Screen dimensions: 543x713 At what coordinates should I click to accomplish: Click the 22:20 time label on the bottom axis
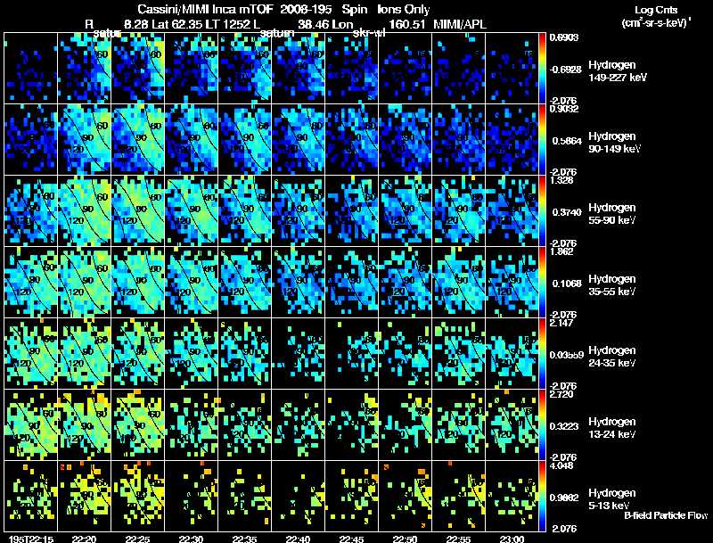click(x=84, y=539)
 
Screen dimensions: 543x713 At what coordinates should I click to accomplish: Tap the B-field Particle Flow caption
click(x=665, y=516)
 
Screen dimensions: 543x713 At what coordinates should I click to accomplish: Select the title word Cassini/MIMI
click(x=176, y=9)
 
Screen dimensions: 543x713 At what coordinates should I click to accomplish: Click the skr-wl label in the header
click(x=369, y=34)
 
